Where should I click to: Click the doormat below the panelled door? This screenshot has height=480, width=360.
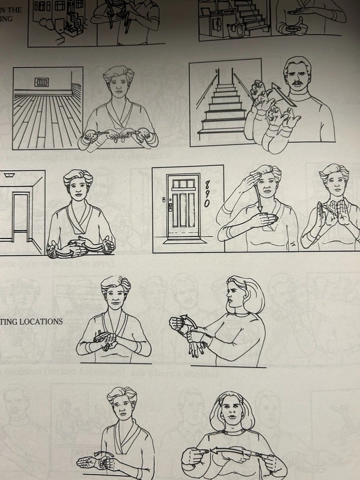point(184,239)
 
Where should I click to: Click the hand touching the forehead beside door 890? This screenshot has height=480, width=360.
point(248,179)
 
